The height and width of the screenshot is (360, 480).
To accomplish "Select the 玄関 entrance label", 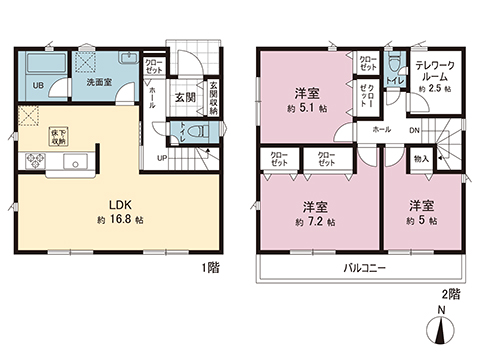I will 184,98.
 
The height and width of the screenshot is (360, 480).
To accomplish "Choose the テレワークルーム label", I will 434,70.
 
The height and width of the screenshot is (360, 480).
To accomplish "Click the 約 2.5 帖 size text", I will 434,89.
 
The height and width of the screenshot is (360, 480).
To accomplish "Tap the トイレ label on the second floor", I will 394,79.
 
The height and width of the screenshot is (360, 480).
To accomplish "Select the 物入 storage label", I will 420,160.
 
